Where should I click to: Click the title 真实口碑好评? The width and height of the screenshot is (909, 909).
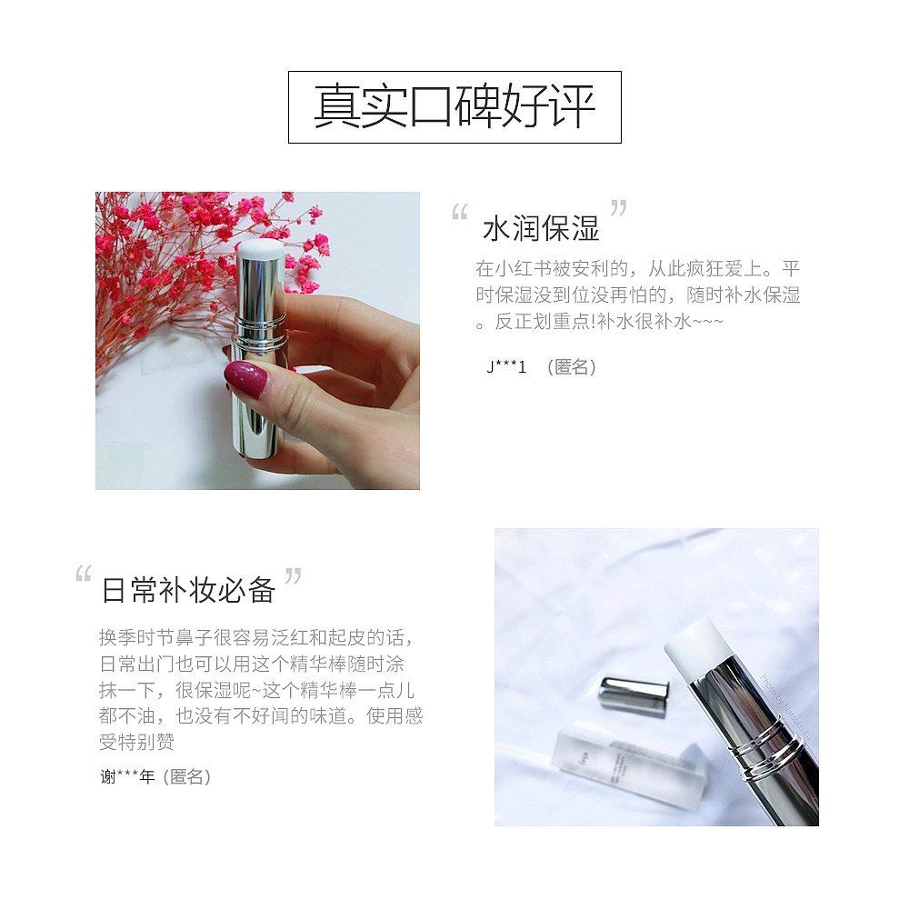[x=454, y=107]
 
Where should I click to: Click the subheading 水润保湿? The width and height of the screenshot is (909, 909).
[x=541, y=228]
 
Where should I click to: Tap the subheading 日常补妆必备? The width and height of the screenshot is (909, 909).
[x=188, y=590]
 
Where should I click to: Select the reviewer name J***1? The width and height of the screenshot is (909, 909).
[x=507, y=367]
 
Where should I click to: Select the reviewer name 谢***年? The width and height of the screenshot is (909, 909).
[x=128, y=776]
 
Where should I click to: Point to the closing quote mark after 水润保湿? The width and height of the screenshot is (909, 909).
[x=618, y=207]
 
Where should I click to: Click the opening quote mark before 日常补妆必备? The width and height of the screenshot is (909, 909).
[x=84, y=575]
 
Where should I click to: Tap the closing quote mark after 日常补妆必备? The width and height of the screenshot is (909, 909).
[x=293, y=575]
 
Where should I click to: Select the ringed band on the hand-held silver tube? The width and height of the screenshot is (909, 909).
[x=258, y=341]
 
